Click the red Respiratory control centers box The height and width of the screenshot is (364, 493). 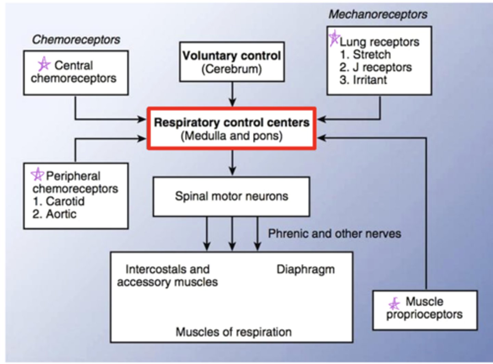[232, 129]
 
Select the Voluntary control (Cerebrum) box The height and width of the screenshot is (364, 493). [232, 62]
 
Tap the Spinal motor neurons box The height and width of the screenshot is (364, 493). [231, 196]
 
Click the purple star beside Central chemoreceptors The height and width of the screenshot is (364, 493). [44, 64]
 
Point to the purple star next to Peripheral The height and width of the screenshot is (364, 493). [37, 174]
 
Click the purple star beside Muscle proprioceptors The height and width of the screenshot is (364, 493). [394, 304]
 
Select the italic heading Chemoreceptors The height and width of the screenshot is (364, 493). [76, 39]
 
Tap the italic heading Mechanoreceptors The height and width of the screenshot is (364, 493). [378, 14]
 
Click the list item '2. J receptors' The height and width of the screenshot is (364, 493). [376, 67]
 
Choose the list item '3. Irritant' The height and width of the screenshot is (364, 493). [363, 80]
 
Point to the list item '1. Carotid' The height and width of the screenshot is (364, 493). [59, 201]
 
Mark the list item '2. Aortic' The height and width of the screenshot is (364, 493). [54, 214]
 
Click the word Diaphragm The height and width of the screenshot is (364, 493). [305, 269]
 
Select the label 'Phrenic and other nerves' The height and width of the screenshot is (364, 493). [334, 234]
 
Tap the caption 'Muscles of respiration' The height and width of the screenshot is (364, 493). [233, 332]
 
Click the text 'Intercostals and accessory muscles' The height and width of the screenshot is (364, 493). [167, 276]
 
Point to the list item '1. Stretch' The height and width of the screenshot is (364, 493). [365, 54]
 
